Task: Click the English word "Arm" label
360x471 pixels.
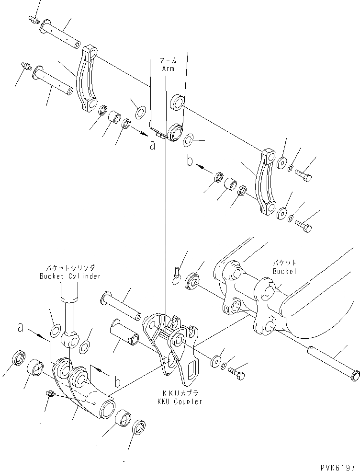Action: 168,69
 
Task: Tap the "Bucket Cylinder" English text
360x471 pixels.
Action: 71,276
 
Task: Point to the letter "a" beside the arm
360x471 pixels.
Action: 152,146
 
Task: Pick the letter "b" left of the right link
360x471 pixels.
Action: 190,161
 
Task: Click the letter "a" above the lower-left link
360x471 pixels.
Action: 21,328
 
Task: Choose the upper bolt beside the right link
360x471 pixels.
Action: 303,175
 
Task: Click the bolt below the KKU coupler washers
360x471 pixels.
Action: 236,371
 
